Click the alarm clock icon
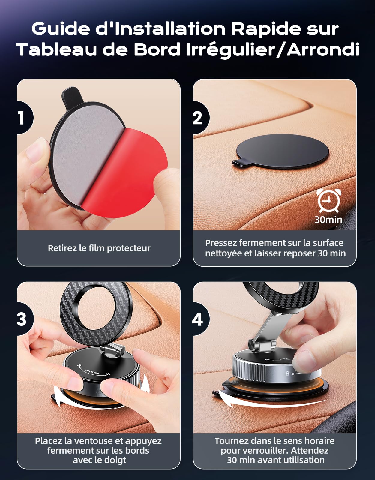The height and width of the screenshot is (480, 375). (x=328, y=200)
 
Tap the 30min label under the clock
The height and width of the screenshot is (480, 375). (x=328, y=220)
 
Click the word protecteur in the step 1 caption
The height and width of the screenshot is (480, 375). (x=128, y=248)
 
